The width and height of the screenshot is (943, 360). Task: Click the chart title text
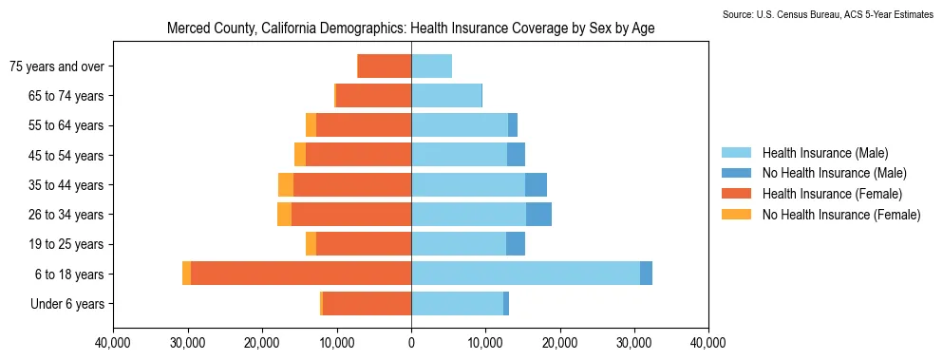[411, 28]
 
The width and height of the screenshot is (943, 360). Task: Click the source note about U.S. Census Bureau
[827, 14]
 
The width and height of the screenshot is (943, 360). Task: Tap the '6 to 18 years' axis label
[70, 275]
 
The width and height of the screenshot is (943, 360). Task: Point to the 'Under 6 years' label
[67, 304]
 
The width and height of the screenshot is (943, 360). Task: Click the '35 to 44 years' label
[66, 185]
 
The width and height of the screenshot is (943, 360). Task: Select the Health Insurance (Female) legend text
[832, 194]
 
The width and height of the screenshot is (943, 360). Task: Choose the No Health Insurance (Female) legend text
[841, 215]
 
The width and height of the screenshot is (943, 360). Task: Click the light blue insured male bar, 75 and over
[432, 66]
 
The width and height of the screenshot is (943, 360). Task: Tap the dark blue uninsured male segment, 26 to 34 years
[538, 215]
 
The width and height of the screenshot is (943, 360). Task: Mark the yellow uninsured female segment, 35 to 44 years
[286, 185]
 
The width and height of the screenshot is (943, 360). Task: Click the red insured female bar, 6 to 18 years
[301, 274]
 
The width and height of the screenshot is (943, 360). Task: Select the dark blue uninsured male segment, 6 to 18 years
[646, 274]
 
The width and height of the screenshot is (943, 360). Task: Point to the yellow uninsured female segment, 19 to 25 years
[311, 244]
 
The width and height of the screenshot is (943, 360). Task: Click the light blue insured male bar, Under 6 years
[458, 303]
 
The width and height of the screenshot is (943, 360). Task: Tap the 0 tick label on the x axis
[411, 345]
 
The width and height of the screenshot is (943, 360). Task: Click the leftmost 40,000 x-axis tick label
[113, 345]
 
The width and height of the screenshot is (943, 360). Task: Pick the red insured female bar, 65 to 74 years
[374, 96]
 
